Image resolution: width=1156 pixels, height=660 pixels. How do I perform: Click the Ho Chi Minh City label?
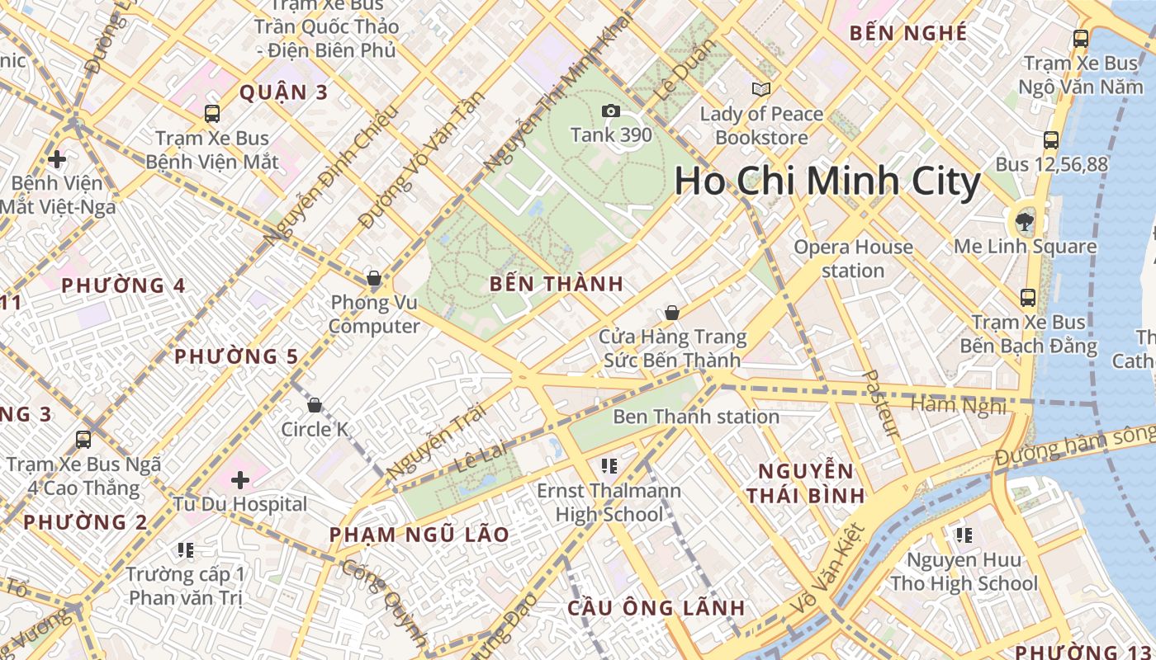coord(827,181)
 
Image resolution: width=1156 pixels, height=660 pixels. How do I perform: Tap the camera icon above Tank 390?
coord(611,111)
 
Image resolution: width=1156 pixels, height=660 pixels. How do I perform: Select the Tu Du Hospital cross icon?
coord(240,479)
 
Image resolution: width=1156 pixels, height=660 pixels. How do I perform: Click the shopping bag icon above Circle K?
coord(314,405)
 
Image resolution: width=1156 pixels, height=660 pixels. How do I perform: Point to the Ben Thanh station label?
coord(696,417)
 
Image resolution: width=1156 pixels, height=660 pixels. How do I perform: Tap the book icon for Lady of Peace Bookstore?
coord(760,89)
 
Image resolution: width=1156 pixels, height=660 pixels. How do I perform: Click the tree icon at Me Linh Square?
coord(1025,220)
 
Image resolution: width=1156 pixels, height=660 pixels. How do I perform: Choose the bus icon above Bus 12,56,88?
coord(1051,140)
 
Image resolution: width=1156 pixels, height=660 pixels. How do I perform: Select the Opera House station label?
coord(853,258)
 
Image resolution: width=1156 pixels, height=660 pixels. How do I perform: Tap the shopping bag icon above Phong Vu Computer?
coord(374,278)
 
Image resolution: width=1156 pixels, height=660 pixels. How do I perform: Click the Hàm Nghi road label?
coord(959,405)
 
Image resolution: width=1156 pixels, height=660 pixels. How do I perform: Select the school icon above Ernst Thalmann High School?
coord(609,466)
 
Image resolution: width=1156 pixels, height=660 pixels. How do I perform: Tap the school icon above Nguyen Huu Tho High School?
coord(964,535)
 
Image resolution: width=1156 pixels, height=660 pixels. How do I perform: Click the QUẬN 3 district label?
coord(283,92)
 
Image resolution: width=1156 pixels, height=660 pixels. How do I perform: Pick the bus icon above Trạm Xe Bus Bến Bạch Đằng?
coord(1028,297)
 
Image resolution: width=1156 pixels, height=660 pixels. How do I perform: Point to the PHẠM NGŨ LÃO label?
coord(419,535)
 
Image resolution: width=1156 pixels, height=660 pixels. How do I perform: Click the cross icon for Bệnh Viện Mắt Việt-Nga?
coord(57,158)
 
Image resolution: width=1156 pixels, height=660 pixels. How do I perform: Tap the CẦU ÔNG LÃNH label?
coord(656,609)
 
